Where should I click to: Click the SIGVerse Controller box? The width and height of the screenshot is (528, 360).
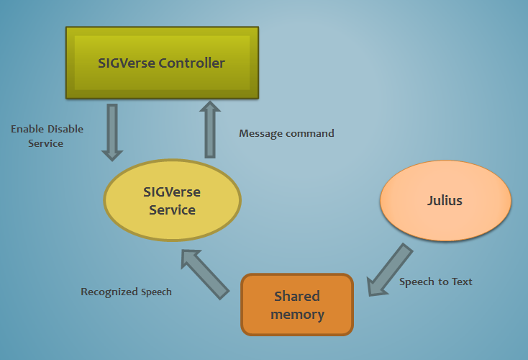pyautogui.click(x=162, y=63)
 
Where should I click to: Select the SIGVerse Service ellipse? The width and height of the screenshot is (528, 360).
pyautogui.click(x=173, y=201)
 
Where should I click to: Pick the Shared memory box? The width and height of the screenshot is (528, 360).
pyautogui.click(x=298, y=305)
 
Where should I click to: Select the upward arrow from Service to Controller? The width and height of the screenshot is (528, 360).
pyautogui.click(x=209, y=129)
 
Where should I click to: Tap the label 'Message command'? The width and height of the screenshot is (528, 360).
pyautogui.click(x=286, y=133)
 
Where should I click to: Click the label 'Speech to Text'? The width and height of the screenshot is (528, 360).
pyautogui.click(x=436, y=282)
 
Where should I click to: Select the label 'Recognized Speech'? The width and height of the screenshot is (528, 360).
pyautogui.click(x=126, y=292)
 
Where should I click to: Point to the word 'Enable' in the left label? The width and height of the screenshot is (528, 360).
pyautogui.click(x=27, y=130)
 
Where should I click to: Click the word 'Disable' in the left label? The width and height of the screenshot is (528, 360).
pyautogui.click(x=65, y=130)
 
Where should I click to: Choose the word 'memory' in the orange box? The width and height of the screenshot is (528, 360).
pyautogui.click(x=298, y=315)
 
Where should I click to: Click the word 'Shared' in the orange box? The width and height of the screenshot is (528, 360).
pyautogui.click(x=297, y=297)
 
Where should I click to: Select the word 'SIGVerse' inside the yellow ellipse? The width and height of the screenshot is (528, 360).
pyautogui.click(x=173, y=192)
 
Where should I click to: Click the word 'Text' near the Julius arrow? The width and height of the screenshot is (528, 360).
pyautogui.click(x=461, y=282)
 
